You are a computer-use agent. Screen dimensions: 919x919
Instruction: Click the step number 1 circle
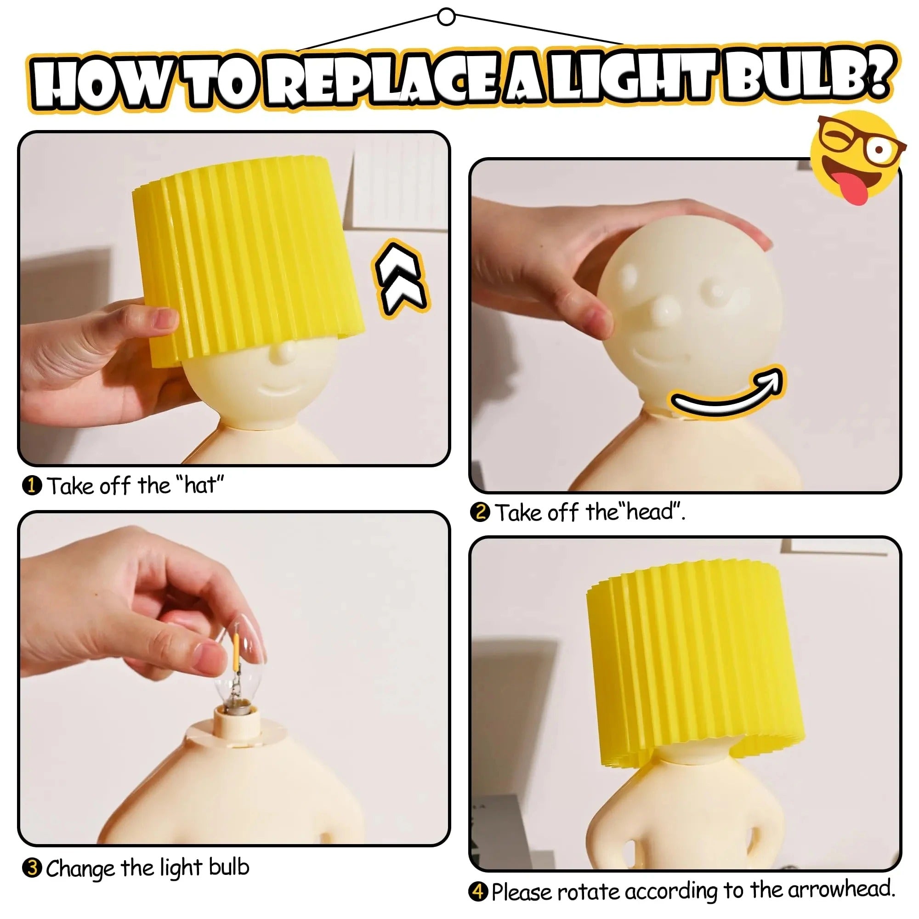[x=32, y=486]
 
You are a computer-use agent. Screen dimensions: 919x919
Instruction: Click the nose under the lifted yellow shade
[x=284, y=352]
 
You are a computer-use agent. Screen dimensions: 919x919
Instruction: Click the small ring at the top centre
[x=446, y=17]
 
